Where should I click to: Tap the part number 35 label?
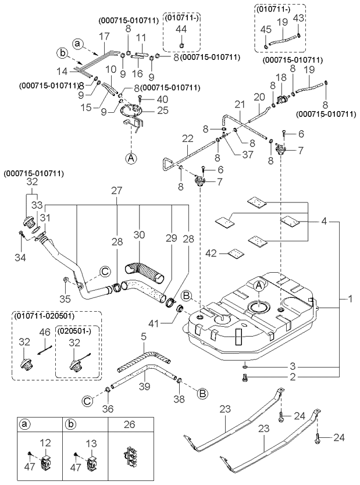tap(66, 300)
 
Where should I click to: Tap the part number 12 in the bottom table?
tap(46, 443)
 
